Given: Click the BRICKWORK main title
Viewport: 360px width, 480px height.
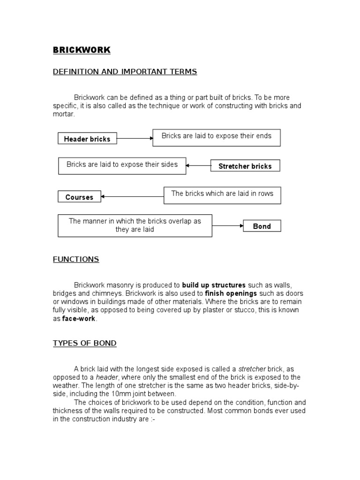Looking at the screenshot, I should click(x=82, y=50).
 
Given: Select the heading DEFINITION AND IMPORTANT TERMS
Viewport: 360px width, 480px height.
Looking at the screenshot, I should click(x=125, y=72).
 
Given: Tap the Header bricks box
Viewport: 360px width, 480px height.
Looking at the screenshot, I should click(x=87, y=139).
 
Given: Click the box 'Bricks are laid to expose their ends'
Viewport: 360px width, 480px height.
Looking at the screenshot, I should click(x=216, y=137).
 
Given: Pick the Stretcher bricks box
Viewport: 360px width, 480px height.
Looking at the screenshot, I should click(x=245, y=166).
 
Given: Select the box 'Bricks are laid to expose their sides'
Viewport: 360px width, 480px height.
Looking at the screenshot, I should click(x=122, y=165).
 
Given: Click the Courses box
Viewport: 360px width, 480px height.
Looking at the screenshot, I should click(x=79, y=197).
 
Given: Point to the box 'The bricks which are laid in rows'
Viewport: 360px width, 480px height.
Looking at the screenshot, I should click(x=222, y=195).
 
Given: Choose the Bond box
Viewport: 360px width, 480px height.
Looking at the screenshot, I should click(x=262, y=226).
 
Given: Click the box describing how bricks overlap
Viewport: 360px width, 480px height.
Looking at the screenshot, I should click(x=135, y=225).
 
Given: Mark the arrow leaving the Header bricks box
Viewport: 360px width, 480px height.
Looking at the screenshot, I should click(x=135, y=138).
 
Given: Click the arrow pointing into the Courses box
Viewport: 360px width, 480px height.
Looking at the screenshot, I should click(x=132, y=197).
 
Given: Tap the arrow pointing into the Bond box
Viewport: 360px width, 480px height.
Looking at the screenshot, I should click(x=227, y=226).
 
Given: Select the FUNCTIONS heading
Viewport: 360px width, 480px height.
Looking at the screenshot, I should click(x=76, y=259).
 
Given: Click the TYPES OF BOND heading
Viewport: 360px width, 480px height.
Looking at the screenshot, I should click(x=84, y=343).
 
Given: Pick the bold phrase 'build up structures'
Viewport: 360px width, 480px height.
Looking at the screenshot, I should click(x=214, y=285).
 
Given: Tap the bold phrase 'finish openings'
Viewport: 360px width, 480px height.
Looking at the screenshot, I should click(x=231, y=293).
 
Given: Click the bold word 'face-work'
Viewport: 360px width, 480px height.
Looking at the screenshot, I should click(x=79, y=318).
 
